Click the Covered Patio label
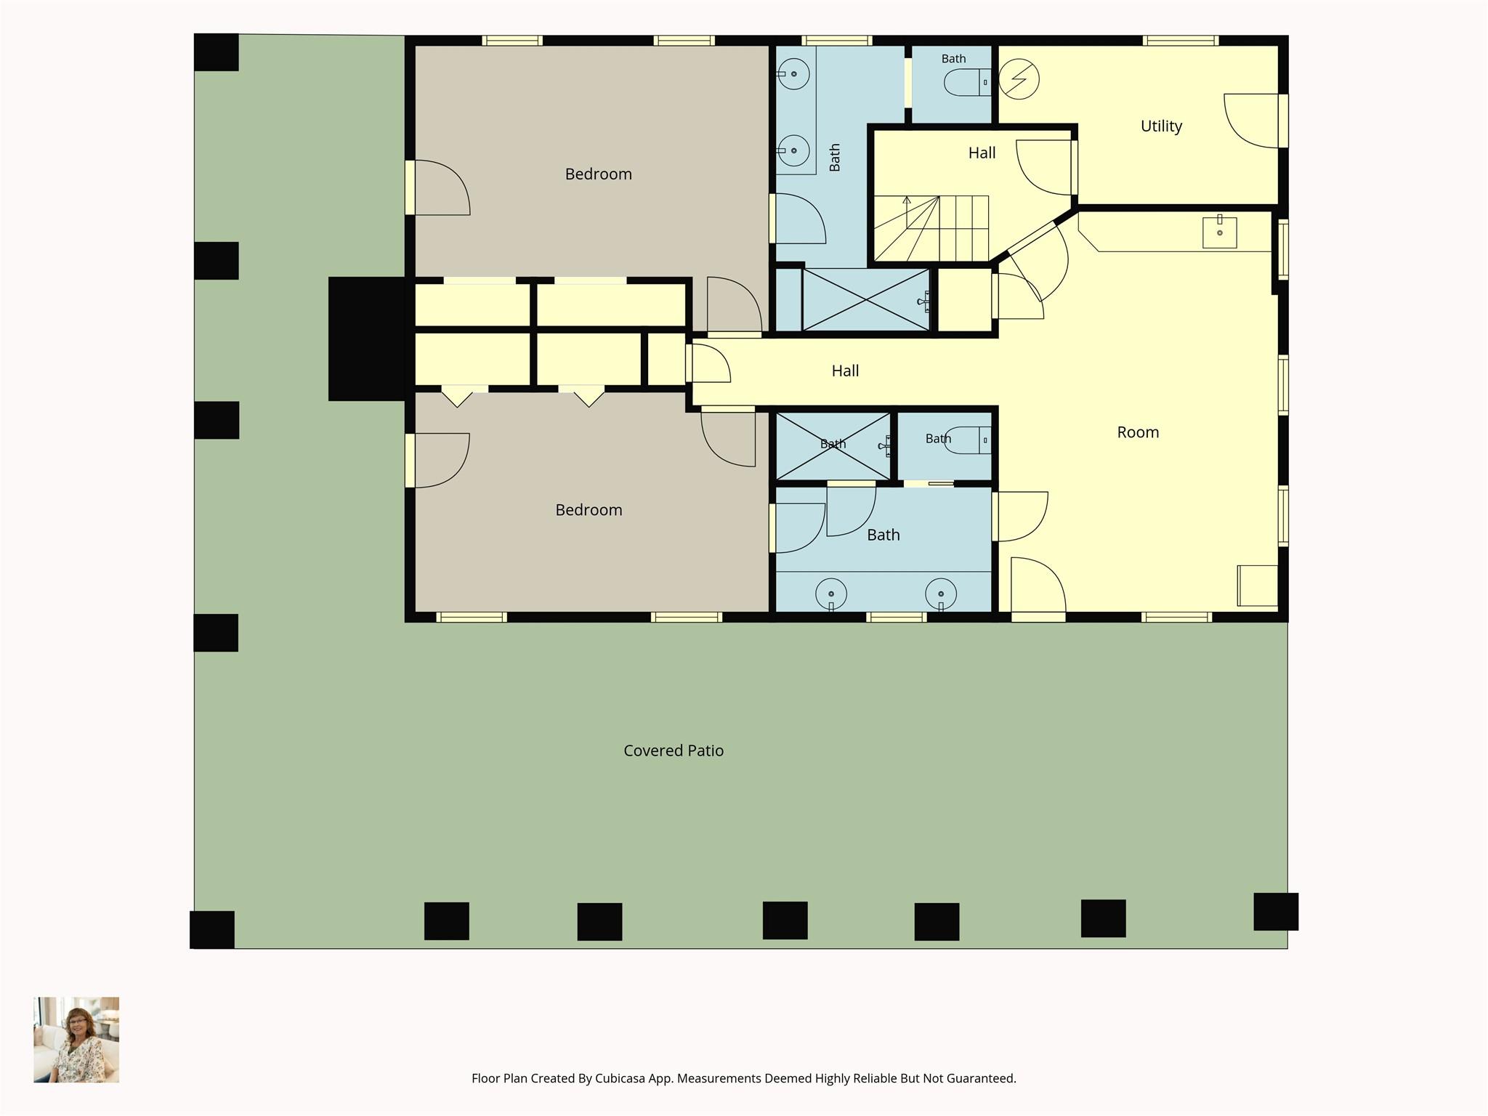click(x=674, y=751)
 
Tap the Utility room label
click(x=1161, y=126)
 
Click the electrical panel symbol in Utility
click(x=1019, y=79)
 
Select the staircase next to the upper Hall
click(x=931, y=227)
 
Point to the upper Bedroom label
click(x=599, y=174)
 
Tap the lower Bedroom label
click(x=589, y=510)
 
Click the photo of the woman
click(x=76, y=1040)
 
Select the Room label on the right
click(x=1138, y=432)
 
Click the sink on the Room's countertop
click(x=1219, y=232)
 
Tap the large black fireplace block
click(x=367, y=339)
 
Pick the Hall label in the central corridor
click(x=845, y=371)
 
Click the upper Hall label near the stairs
click(x=982, y=153)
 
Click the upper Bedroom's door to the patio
click(x=437, y=187)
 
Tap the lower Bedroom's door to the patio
click(x=437, y=461)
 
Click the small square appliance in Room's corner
click(x=1258, y=586)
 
